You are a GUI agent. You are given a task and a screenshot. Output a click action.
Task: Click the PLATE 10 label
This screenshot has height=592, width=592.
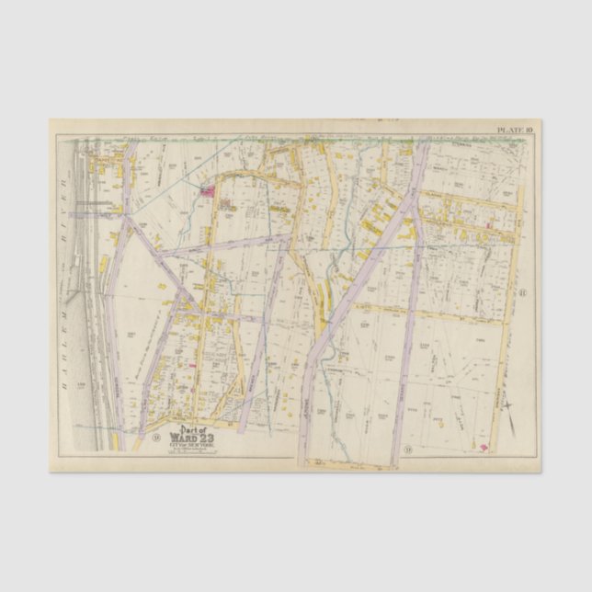[515, 131]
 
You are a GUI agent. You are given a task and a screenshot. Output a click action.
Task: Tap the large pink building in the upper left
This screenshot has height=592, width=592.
[208, 191]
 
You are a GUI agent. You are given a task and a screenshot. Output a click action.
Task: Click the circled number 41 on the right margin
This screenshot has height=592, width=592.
[520, 293]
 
